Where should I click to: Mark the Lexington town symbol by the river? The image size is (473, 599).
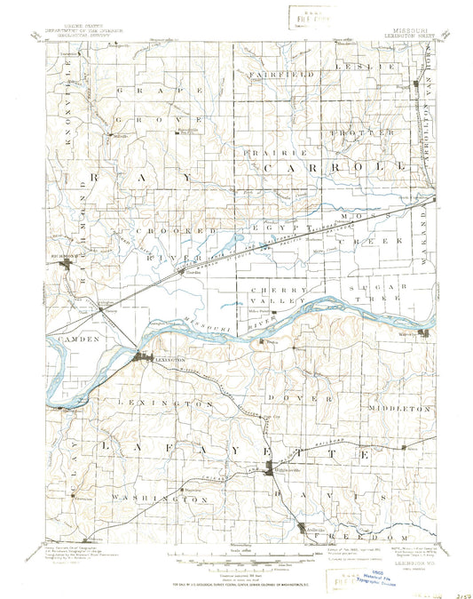[x=142, y=358]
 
